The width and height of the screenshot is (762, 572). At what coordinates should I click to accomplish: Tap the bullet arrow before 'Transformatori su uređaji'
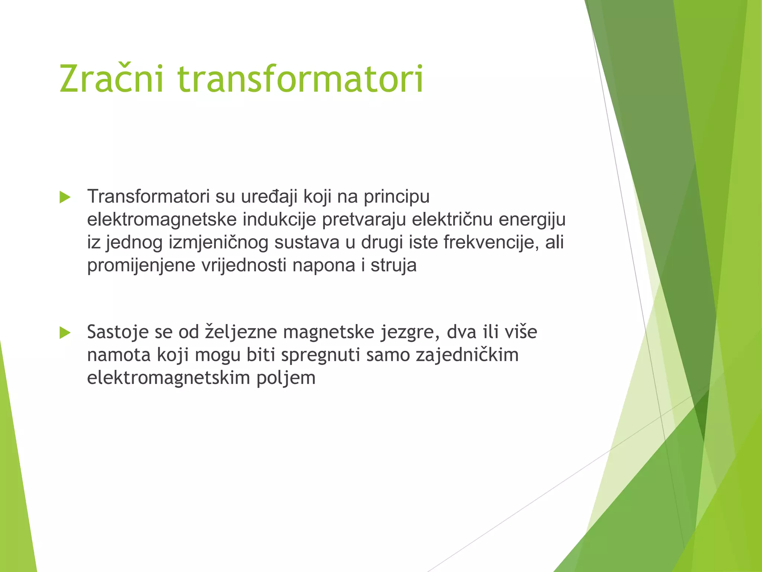[65, 197]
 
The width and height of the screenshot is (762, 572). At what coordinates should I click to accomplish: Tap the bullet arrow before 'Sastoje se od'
[65, 333]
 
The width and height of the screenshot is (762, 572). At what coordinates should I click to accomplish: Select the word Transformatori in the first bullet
[148, 196]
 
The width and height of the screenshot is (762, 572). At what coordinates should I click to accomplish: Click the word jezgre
[410, 332]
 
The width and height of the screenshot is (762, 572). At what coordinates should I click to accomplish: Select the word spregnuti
[320, 355]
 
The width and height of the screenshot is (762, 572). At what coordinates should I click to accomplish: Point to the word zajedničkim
[467, 355]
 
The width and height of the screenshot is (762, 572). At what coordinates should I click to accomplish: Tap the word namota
[119, 355]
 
